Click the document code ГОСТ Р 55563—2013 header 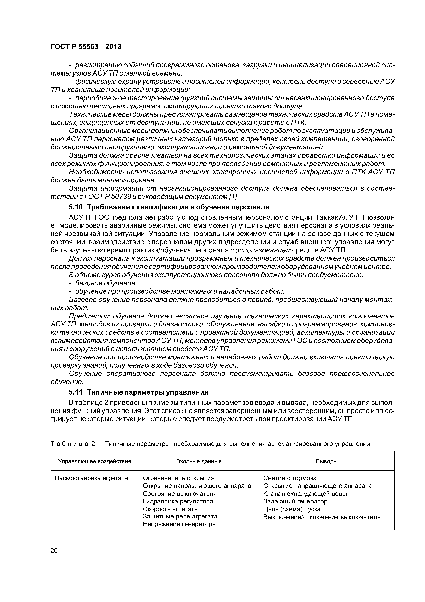pyautogui.click(x=86, y=47)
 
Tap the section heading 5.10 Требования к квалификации pyautogui.click(x=169, y=207)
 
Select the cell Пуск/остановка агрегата pyautogui.click(x=91, y=478)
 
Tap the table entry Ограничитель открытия pyautogui.click(x=179, y=478)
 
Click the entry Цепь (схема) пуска pyautogui.click(x=292, y=509)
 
